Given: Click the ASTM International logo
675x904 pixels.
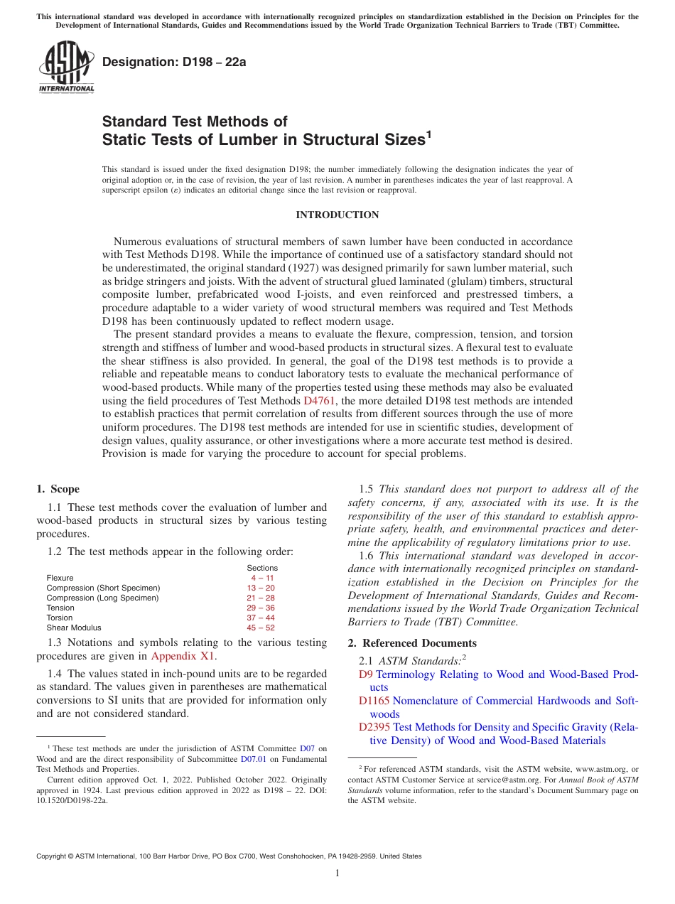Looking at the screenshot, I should pyautogui.click(x=65, y=67).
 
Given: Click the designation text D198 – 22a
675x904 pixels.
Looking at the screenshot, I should pyautogui.click(x=174, y=62).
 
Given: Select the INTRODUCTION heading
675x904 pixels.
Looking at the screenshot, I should pyautogui.click(x=337, y=215).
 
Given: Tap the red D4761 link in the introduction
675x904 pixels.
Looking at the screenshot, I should pyautogui.click(x=319, y=401).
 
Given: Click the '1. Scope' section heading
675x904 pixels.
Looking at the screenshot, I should pyautogui.click(x=58, y=489).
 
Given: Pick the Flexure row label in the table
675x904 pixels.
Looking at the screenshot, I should pyautogui.click(x=60, y=578).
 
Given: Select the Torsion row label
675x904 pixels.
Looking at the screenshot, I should pyautogui.click(x=60, y=618).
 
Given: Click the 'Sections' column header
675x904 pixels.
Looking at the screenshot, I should pyautogui.click(x=262, y=568).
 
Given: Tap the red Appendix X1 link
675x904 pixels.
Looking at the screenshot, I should pyautogui.click(x=183, y=656).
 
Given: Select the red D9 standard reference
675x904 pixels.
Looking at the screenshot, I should pyautogui.click(x=366, y=674).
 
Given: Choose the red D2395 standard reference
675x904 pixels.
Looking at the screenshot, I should pyautogui.click(x=374, y=727).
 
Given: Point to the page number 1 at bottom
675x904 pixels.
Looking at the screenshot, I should pyautogui.click(x=337, y=873).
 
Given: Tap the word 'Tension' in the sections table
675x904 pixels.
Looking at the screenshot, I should pyautogui.click(x=60, y=608).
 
